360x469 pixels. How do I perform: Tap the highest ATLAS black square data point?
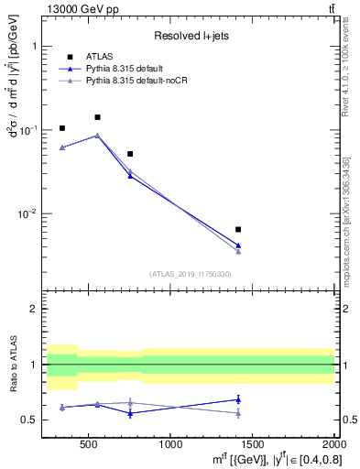point(97,117)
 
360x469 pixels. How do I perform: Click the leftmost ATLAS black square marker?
point(61,128)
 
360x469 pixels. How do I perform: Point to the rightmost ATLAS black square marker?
point(238,229)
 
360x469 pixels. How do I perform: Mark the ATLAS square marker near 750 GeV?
point(130,154)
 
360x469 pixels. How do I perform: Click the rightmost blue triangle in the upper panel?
point(238,245)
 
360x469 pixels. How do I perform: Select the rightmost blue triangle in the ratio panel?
point(238,398)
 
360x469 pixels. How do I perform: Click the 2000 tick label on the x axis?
point(333,445)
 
